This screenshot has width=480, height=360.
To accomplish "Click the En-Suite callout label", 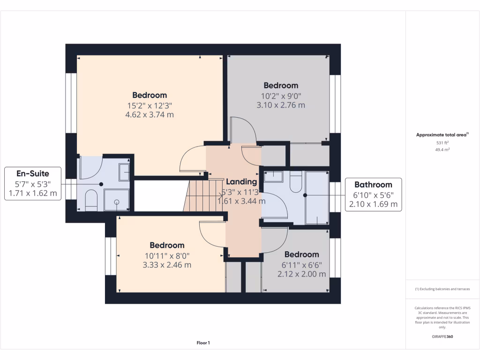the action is (33, 173).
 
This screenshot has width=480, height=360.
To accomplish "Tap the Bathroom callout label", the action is (373, 185).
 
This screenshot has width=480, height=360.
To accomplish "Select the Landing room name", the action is (241, 182).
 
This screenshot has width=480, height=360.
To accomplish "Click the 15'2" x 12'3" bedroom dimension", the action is (150, 105).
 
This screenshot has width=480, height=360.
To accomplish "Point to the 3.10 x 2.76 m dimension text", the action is (281, 105).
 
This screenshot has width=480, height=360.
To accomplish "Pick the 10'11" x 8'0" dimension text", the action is (167, 256).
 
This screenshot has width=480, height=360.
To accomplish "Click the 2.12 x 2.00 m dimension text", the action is (301, 274).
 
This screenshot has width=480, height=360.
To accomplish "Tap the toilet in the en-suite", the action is (91, 200).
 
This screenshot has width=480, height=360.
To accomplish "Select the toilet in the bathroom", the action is (295, 181).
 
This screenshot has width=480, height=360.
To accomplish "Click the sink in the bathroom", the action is (273, 177).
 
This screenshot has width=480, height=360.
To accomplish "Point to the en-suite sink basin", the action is (124, 172).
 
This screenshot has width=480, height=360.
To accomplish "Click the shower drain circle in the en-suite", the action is (117, 202).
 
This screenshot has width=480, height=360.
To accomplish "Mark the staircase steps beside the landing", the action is (203, 195).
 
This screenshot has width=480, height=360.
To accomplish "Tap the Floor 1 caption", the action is (203, 343).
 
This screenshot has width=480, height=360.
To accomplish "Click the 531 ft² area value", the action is (442, 142).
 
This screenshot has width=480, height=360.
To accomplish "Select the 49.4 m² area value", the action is (442, 150).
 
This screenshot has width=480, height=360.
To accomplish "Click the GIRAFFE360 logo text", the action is (442, 337).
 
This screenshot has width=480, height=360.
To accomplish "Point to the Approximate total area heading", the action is (442, 135).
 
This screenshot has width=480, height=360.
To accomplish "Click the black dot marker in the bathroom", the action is (305, 195).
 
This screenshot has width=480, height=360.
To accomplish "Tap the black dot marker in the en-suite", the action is (101, 184).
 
